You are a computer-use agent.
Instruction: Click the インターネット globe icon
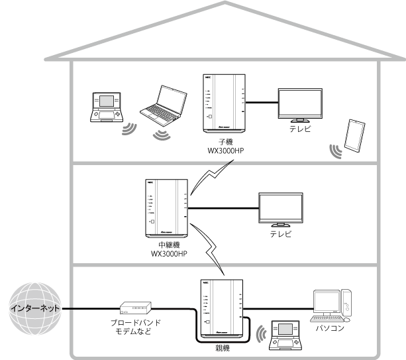pyautogui.click(x=33, y=309)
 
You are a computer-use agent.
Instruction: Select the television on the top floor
pyautogui.click(x=301, y=105)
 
